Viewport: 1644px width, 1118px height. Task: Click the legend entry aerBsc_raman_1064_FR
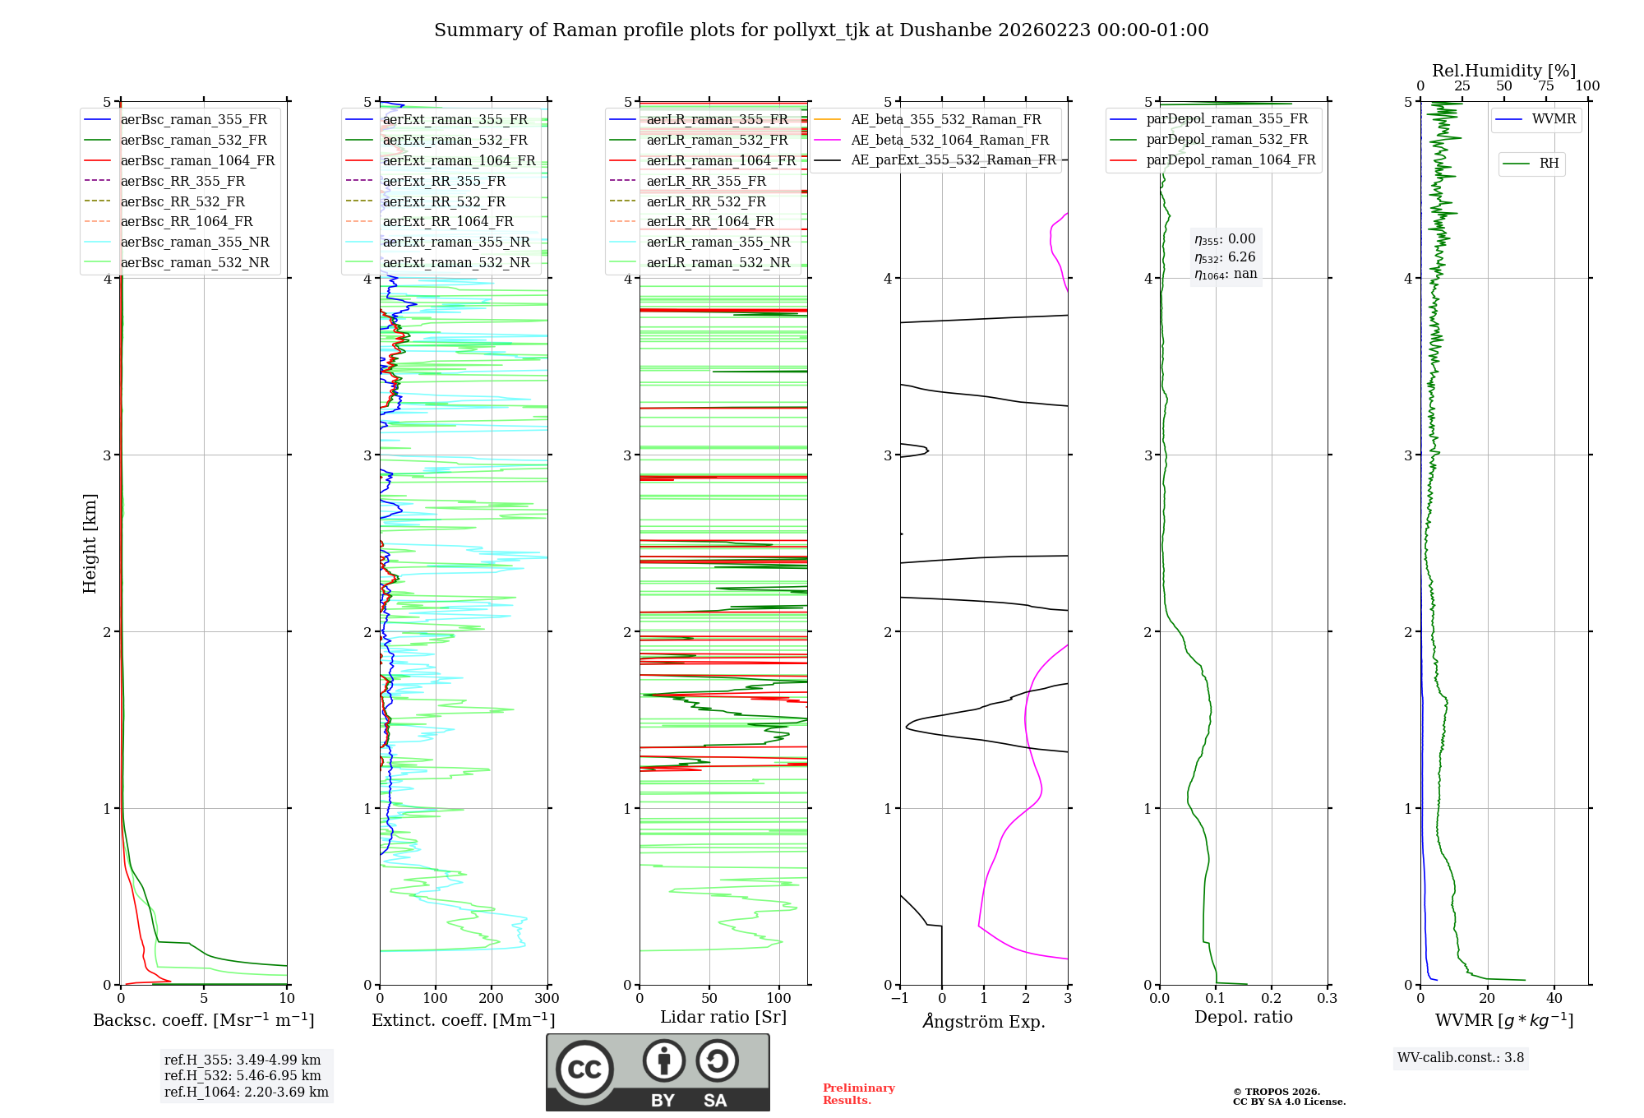tap(197, 160)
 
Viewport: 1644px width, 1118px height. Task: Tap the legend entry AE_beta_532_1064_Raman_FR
tap(949, 140)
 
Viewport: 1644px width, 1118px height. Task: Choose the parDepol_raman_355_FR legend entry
tap(1226, 119)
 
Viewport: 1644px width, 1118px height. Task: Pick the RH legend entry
tap(1549, 164)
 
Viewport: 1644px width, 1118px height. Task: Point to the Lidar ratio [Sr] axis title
tap(723, 1017)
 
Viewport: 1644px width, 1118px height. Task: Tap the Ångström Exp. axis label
tap(984, 1021)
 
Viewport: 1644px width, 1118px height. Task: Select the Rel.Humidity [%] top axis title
tap(1503, 71)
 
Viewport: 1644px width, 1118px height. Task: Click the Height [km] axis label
tap(90, 543)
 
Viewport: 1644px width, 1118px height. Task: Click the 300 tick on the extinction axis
tap(547, 999)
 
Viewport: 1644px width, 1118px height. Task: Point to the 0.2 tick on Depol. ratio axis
tap(1271, 999)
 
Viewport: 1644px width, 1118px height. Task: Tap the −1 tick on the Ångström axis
tap(899, 999)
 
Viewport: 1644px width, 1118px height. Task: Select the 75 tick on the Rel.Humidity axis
tap(1545, 86)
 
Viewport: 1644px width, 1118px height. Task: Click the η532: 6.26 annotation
tap(1225, 257)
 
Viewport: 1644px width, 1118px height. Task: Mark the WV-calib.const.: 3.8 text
tap(1461, 1058)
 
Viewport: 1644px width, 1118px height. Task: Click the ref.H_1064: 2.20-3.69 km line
tap(246, 1093)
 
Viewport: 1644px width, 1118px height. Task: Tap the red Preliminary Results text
tap(858, 1094)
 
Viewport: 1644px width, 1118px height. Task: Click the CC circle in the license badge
tap(584, 1069)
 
